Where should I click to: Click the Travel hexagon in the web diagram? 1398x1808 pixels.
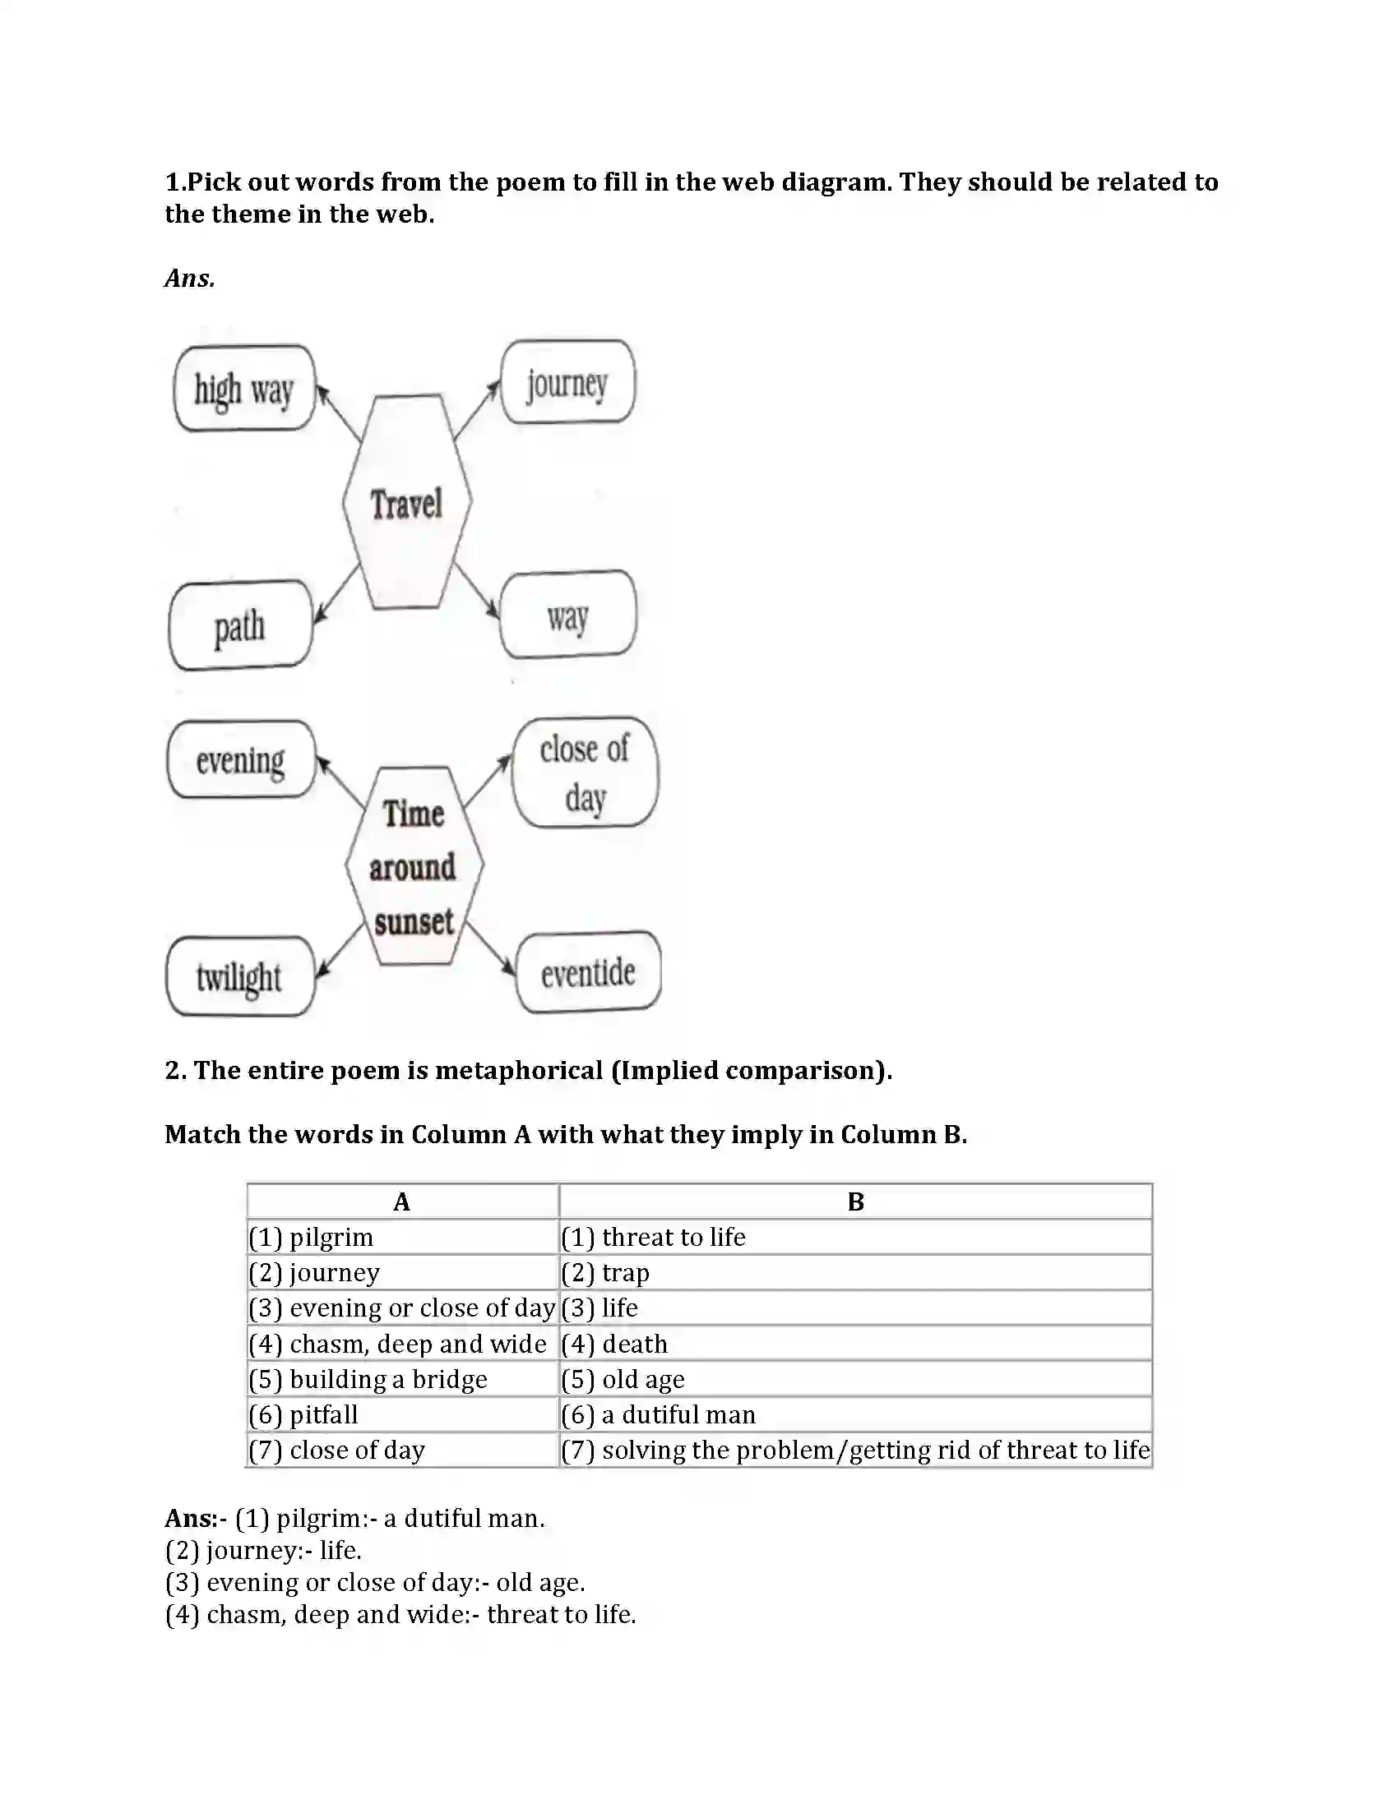pos(406,502)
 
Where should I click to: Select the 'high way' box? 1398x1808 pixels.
pos(244,388)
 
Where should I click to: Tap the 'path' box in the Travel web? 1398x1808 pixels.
pos(240,626)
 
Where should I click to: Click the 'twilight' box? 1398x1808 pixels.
pos(239,977)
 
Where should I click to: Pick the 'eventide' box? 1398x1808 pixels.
pos(588,973)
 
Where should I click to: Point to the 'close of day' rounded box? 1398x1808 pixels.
pos(585,773)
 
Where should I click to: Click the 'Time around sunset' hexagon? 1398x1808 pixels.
pos(414,866)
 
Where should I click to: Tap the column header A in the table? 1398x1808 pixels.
pos(401,1201)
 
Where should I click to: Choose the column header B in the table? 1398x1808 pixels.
pos(855,1201)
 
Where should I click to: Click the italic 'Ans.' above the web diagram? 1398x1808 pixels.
pos(190,278)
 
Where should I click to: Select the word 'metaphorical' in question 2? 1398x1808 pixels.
pos(519,1070)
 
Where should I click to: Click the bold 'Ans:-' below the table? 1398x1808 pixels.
pos(196,1518)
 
